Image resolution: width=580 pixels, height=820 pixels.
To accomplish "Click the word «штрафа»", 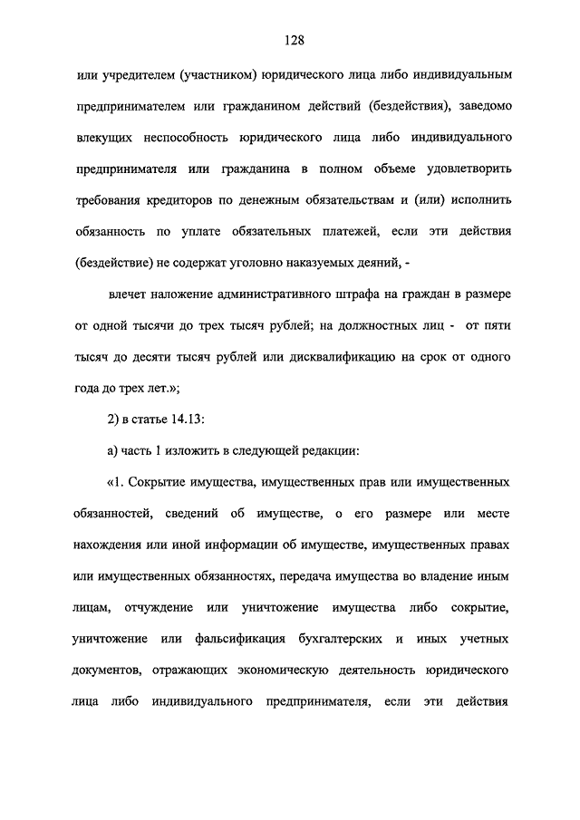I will pyautogui.click(x=329, y=294).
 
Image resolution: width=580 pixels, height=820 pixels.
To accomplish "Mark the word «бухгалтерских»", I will pyautogui.click(x=343, y=641).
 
